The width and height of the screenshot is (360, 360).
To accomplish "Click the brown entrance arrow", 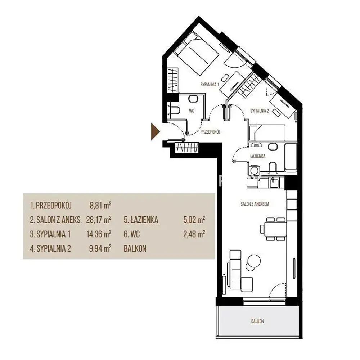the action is point(155,131).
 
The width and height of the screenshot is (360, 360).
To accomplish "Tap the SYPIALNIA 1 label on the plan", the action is point(210,85).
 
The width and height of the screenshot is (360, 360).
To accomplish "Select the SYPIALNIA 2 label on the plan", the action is point(260,111).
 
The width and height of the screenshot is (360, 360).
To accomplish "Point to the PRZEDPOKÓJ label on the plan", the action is point(210,132).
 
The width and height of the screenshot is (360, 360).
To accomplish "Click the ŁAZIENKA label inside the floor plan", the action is point(258,156).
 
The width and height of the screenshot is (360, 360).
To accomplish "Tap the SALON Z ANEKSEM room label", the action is point(255,204).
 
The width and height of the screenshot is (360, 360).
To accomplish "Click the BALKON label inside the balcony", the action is point(257,321).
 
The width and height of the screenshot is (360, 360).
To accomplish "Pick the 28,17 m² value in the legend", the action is point(99,220).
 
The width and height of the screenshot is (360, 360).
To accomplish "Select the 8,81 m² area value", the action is point(100,205).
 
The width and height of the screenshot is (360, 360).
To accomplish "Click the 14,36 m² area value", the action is point(99,234).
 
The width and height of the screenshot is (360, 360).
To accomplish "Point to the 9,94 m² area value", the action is point(100,248).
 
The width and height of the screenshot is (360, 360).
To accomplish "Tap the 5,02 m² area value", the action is point(194,220).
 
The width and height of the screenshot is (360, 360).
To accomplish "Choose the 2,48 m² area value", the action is point(194,234).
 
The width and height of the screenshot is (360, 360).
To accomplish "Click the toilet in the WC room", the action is point(174,111).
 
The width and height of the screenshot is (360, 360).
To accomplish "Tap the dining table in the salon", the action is point(275,229).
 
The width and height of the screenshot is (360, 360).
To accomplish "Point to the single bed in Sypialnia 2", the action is point(267,133).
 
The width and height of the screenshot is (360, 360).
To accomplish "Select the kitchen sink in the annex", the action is point(275,183).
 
